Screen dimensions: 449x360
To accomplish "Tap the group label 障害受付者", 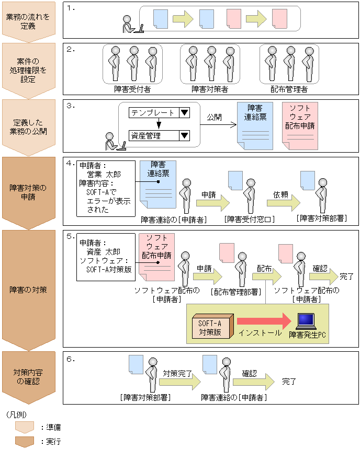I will click(x=132, y=89).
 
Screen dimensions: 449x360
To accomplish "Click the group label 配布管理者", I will click(x=289, y=89).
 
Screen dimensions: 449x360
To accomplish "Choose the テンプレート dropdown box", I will click(x=159, y=112).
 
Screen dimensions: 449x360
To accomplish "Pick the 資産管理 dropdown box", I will click(x=159, y=136).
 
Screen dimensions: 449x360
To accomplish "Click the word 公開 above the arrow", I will click(x=215, y=117).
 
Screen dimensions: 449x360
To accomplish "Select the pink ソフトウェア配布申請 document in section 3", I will click(x=300, y=126).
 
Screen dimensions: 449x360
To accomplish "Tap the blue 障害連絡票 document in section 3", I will click(x=255, y=126).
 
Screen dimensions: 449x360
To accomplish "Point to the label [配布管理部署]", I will click(x=235, y=291).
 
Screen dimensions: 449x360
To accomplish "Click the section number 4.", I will click(x=70, y=163).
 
